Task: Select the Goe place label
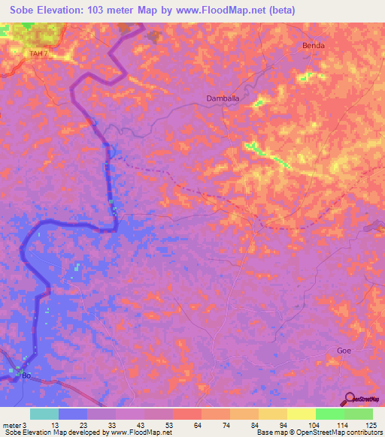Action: pos(344,351)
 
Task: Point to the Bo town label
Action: pos(27,375)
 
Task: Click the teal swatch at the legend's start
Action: pos(44,414)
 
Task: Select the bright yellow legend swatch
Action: pos(301,414)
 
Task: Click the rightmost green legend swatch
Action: pos(358,414)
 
